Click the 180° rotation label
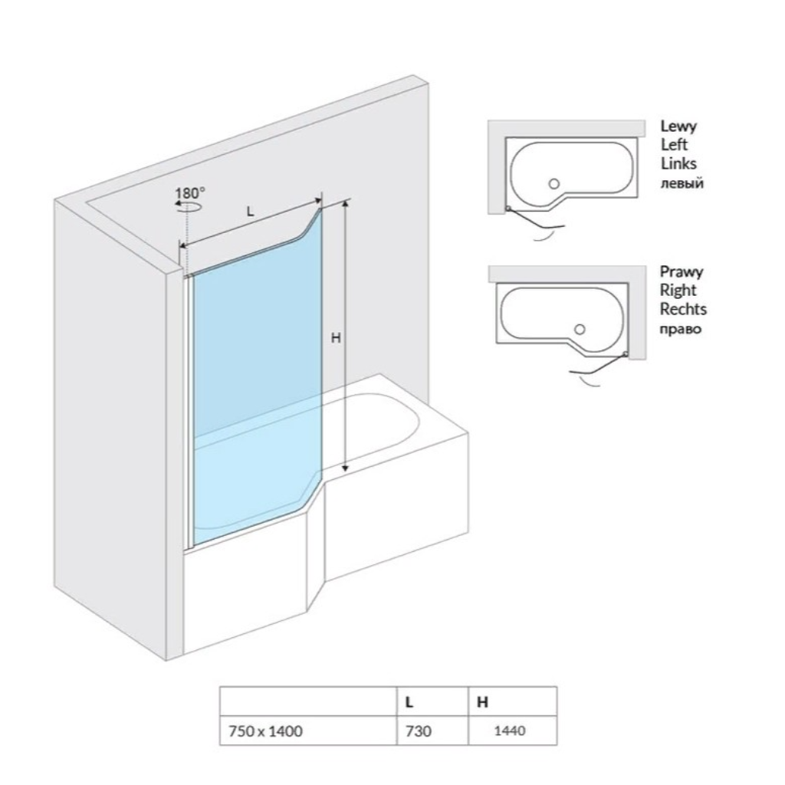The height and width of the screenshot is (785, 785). [190, 192]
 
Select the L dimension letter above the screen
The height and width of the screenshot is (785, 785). [251, 212]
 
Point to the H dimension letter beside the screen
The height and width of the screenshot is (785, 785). [336, 338]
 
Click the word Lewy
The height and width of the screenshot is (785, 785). [678, 126]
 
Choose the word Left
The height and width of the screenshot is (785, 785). [674, 145]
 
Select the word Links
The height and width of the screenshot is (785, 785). [678, 163]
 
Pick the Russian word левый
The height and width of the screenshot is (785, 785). [682, 183]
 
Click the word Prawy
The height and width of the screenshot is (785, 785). [682, 272]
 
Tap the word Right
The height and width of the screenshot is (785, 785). [678, 291]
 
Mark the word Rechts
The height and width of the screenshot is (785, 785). [683, 309]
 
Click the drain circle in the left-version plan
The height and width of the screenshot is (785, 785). [553, 184]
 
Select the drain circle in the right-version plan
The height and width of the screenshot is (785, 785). [580, 330]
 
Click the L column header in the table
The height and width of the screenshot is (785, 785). [409, 702]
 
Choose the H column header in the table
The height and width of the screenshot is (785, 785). [482, 702]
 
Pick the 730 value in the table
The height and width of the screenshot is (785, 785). [418, 731]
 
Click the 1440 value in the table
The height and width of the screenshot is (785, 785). [510, 731]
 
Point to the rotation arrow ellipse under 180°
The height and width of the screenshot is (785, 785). [189, 205]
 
